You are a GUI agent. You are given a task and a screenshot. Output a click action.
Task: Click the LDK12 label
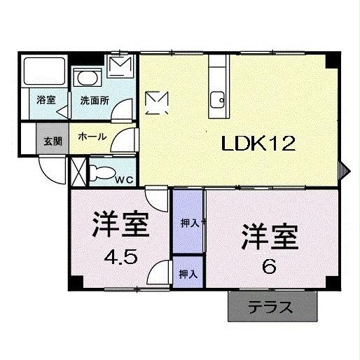click(258, 144)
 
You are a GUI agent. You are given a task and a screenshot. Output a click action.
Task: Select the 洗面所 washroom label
click(94, 100)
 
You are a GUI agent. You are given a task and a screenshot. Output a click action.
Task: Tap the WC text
click(125, 179)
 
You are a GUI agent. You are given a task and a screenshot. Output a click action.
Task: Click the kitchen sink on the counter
click(217, 97)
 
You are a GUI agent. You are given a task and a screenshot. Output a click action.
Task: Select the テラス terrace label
click(268, 308)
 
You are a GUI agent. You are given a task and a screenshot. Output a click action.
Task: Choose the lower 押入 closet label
click(188, 273)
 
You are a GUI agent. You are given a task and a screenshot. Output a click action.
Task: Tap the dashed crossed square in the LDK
click(155, 102)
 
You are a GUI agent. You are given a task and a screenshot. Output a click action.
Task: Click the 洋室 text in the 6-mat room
click(270, 236)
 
